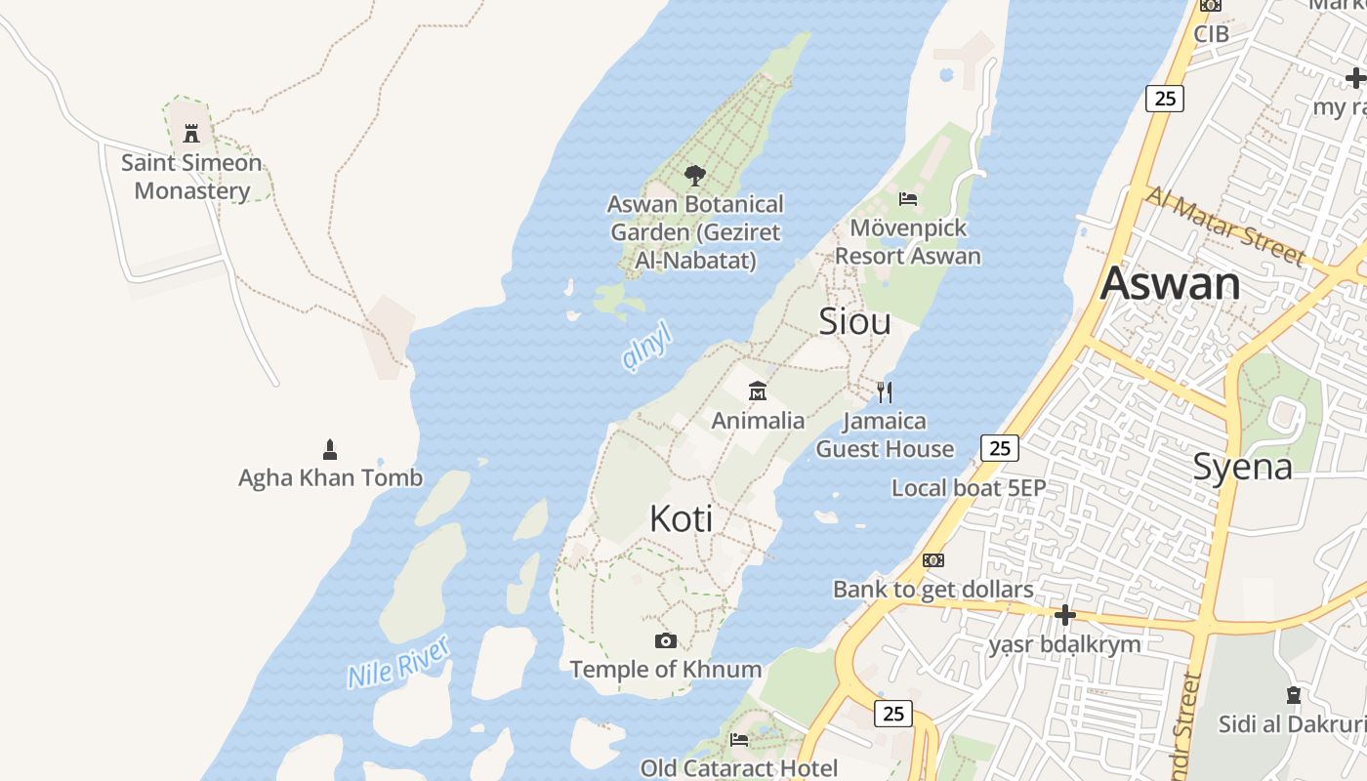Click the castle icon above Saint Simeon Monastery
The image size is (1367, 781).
[x=191, y=133]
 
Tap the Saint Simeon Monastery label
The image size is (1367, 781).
[x=191, y=177]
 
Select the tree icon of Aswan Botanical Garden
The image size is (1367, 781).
[x=695, y=176]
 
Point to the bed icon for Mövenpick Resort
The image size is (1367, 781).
[x=908, y=199]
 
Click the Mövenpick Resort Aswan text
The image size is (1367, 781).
[x=908, y=242]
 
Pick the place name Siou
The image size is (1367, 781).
[x=854, y=321]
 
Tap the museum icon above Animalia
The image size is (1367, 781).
[x=758, y=391]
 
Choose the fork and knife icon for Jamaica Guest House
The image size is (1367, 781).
[x=885, y=392]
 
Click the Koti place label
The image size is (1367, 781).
[x=681, y=519]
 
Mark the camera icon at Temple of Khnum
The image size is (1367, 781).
[x=666, y=640]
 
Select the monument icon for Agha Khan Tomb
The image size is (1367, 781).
[x=330, y=450]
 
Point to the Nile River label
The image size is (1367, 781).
[x=399, y=662]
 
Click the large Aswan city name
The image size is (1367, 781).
[x=1170, y=284]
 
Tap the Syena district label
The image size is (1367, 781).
[x=1242, y=467]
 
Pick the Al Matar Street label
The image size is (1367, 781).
[x=1225, y=226]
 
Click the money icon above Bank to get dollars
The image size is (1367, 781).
[x=933, y=560]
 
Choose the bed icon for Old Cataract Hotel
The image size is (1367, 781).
[x=739, y=739]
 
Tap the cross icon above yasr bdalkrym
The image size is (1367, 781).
[x=1064, y=615]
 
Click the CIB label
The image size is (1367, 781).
[x=1211, y=34]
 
